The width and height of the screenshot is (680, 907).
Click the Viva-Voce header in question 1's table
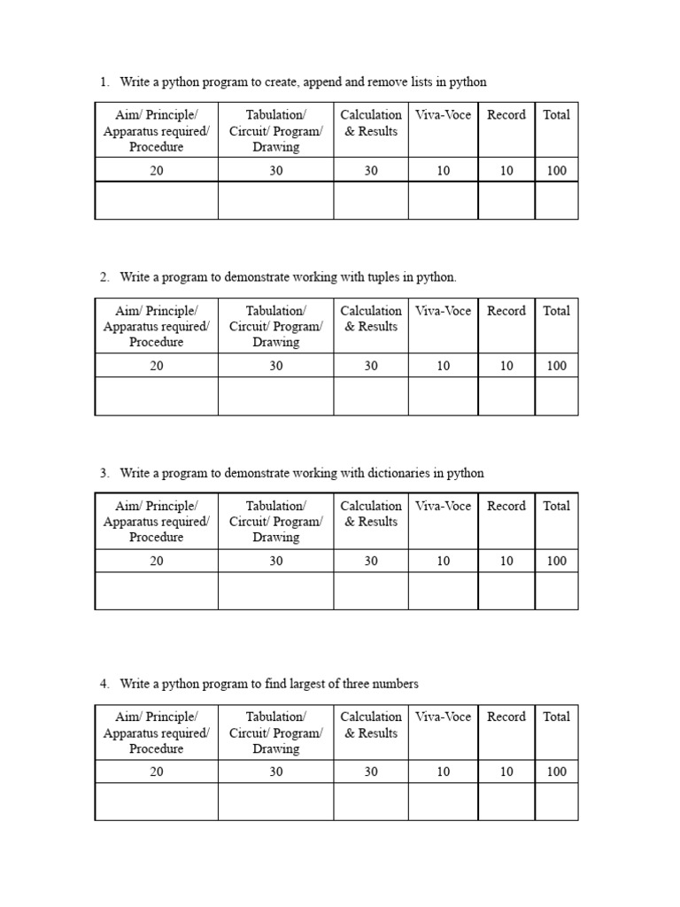[443, 114]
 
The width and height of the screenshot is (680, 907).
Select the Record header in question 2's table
[506, 311]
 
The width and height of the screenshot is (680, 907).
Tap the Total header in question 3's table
[556, 506]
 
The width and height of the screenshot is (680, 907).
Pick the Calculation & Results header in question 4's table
[371, 725]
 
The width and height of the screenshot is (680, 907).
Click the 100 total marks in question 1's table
[556, 171]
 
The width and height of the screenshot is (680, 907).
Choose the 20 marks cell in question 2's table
[156, 366]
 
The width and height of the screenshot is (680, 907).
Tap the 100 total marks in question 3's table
[556, 561]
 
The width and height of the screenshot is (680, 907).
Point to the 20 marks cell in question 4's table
[156, 771]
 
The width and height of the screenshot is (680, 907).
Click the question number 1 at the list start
[104, 82]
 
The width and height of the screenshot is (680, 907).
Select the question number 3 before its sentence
[104, 473]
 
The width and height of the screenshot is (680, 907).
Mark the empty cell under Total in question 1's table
[556, 200]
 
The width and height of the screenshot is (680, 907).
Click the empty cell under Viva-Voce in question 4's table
[443, 802]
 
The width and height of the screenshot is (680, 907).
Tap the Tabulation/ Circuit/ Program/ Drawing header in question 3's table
[275, 522]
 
